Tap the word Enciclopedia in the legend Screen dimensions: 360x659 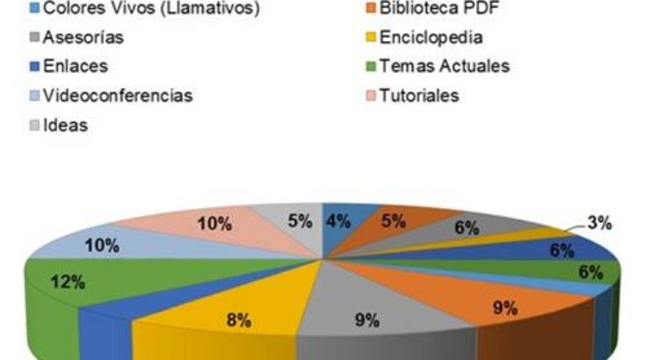431,38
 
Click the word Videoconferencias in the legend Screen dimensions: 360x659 118,95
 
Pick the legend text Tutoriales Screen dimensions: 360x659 419,95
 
